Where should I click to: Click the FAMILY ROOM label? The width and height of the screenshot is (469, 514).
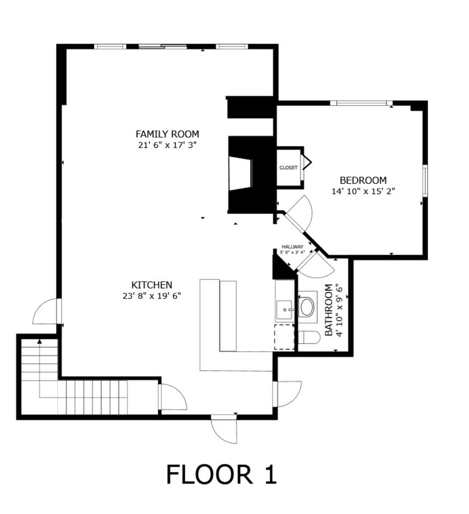click(x=167, y=134)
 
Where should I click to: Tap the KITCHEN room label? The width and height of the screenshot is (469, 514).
click(x=152, y=285)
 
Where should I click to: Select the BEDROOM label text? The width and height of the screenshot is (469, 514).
click(x=363, y=180)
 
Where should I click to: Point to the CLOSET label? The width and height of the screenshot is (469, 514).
click(x=289, y=168)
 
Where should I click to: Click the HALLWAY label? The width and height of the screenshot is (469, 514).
click(x=293, y=246)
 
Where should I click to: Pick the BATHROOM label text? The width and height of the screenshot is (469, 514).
click(x=329, y=310)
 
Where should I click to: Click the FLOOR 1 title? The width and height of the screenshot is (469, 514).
click(x=222, y=474)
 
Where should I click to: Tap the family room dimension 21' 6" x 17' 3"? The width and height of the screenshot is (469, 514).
click(x=167, y=145)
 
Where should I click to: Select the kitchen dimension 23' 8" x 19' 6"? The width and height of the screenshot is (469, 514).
click(x=152, y=296)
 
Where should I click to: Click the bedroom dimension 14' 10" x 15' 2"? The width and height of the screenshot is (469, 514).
click(x=363, y=191)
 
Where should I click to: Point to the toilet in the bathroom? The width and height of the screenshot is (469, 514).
click(x=308, y=337)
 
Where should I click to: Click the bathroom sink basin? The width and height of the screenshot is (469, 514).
click(x=307, y=307)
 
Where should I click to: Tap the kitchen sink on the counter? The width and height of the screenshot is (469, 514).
click(x=284, y=310)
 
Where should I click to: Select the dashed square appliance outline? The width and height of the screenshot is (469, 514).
click(x=284, y=337)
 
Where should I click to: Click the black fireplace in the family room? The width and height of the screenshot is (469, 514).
click(x=251, y=175)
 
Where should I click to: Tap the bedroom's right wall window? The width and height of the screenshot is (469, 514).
click(x=425, y=180)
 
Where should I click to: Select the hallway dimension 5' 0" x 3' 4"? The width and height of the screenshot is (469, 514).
click(x=293, y=252)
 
